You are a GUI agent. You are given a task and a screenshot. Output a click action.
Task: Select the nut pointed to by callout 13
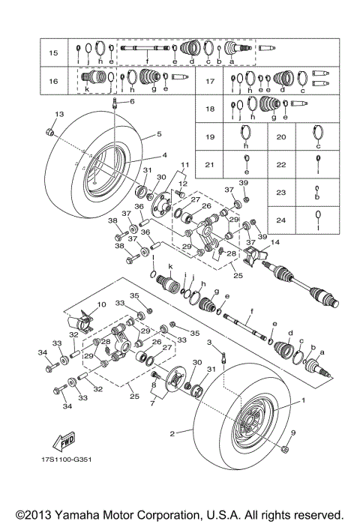48,132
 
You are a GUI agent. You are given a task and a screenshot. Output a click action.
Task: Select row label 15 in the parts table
53,53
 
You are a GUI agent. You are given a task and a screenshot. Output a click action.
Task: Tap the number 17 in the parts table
211,80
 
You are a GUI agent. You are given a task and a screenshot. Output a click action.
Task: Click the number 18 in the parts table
211,109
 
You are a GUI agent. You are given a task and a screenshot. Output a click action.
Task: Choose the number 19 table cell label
211,137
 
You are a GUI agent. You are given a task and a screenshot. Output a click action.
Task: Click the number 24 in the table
280,220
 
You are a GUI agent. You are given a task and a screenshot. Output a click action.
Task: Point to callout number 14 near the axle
276,242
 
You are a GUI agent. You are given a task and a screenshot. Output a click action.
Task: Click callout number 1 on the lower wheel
304,401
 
